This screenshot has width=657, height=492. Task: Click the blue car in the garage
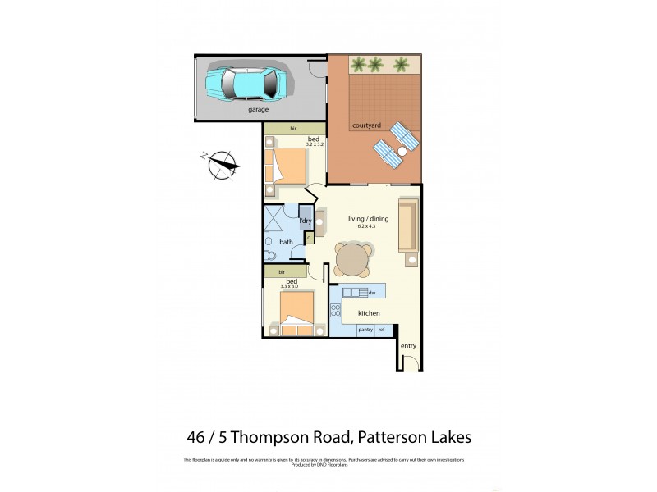246,81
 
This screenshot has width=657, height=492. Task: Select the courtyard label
365,125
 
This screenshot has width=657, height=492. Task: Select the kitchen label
367,312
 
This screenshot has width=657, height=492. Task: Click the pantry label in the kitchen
365,330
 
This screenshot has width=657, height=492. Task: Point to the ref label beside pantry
382,330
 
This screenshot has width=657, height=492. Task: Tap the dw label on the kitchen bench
371,293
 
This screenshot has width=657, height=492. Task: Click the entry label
408,346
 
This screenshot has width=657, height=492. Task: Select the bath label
286,242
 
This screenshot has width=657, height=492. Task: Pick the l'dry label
305,221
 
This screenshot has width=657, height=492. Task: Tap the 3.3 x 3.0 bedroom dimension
292,288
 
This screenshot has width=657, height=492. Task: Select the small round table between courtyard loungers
402,152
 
